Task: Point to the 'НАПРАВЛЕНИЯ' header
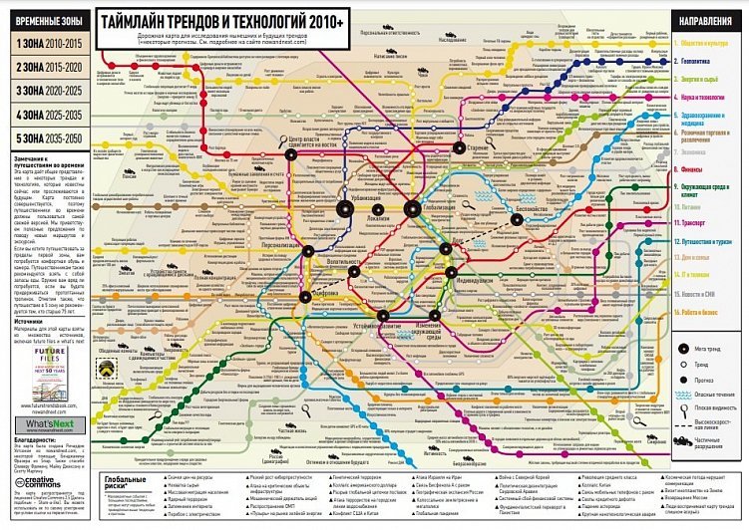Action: coord(704,19)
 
